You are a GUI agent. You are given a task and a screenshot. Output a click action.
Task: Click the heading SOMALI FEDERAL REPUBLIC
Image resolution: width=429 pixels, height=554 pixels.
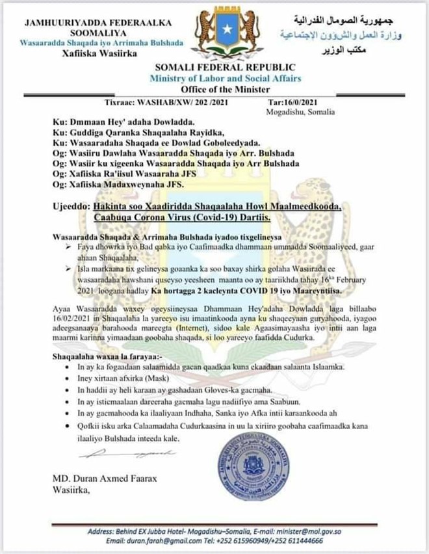click(x=225, y=68)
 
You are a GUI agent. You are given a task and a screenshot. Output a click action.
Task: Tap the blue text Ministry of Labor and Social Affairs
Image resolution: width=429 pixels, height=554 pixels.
click(x=225, y=78)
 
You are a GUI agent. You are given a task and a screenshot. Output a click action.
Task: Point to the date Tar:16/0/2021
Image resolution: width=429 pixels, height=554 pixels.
click(x=293, y=102)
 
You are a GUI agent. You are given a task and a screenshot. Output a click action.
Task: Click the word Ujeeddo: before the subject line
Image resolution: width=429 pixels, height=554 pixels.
click(x=71, y=206)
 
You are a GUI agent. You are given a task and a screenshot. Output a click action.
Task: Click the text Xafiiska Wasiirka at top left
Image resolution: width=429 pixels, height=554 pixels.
click(x=100, y=53)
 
